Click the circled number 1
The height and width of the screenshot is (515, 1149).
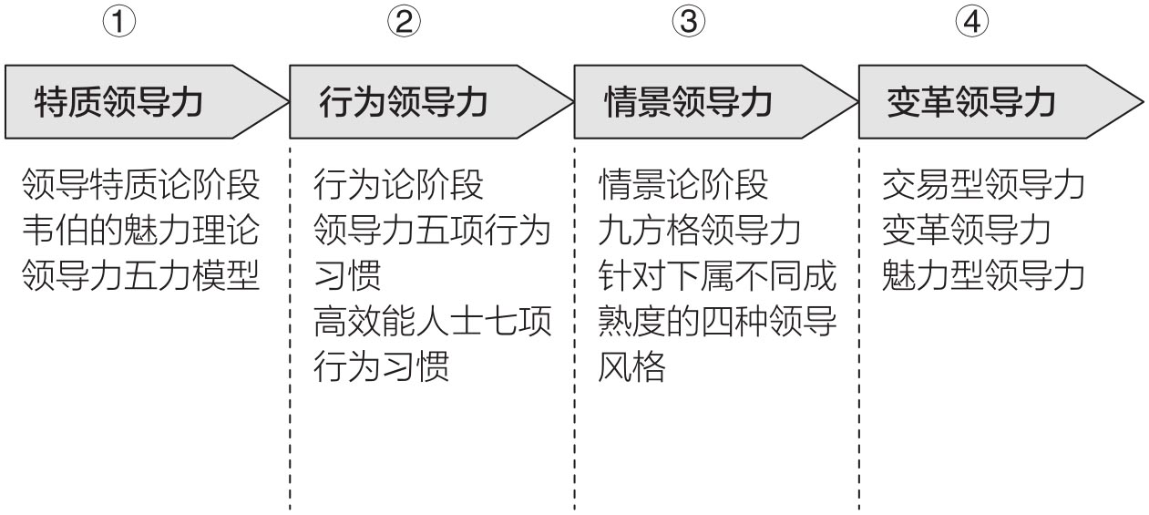(x=119, y=22)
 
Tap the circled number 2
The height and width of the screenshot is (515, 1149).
(x=404, y=22)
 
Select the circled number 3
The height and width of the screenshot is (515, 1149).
(x=688, y=22)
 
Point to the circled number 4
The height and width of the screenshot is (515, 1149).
(x=972, y=22)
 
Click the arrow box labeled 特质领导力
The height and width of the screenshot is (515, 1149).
(x=146, y=101)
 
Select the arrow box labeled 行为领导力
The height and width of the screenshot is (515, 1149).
(x=431, y=101)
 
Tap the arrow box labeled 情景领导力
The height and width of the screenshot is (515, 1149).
(x=715, y=101)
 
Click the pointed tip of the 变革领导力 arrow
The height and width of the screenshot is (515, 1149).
(x=1144, y=102)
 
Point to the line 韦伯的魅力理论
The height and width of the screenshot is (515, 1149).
(x=140, y=230)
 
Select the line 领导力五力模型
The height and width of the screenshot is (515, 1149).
(x=140, y=275)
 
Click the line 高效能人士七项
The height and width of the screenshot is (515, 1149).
(x=433, y=321)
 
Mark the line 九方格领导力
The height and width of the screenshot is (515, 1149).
(x=700, y=230)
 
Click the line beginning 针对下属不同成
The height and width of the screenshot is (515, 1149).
(x=717, y=275)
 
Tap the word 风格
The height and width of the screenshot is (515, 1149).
(x=631, y=366)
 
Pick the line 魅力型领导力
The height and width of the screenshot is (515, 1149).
(x=983, y=275)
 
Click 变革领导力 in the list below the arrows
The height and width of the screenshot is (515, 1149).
(x=967, y=230)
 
